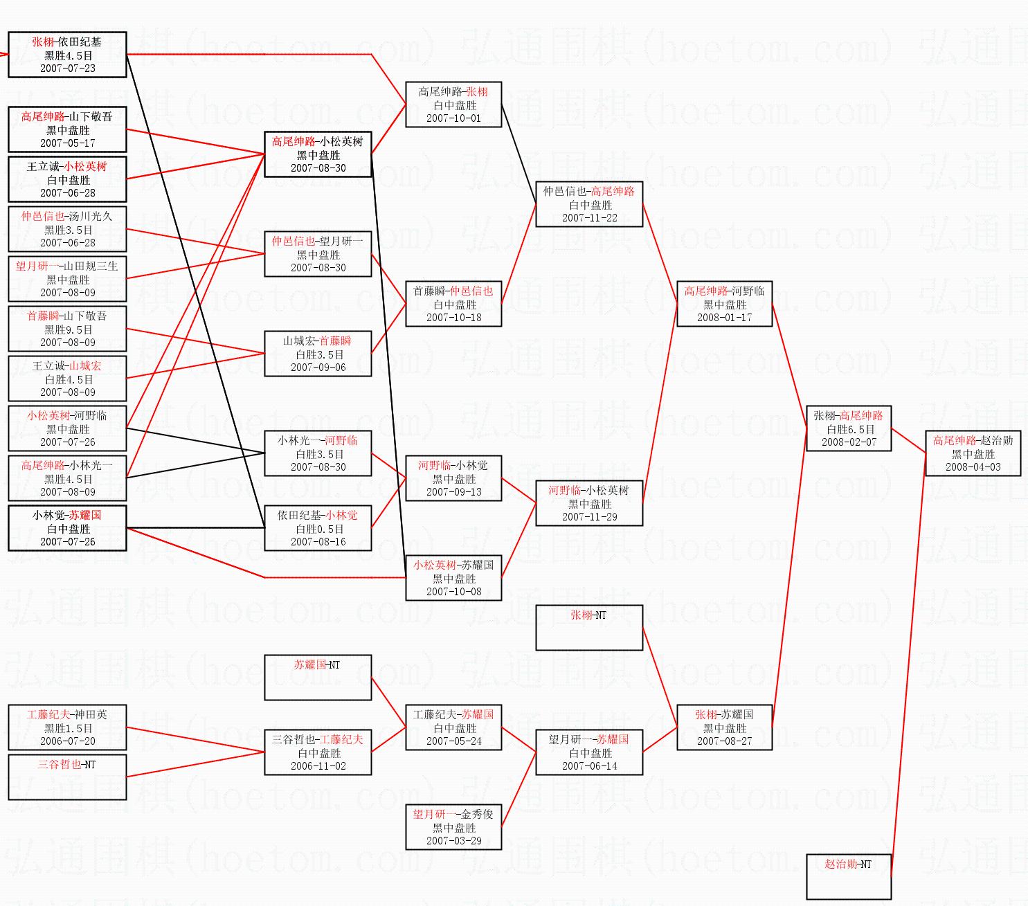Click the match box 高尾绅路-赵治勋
(x=973, y=453)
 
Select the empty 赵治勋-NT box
(x=848, y=876)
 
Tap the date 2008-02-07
(x=849, y=442)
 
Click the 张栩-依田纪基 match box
(x=67, y=55)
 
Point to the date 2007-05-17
(x=68, y=143)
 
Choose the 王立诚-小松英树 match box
(x=67, y=179)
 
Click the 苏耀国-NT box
(x=318, y=677)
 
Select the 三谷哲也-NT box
(x=67, y=777)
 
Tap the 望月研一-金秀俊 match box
(x=453, y=827)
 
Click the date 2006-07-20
(x=68, y=741)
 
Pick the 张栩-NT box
(x=589, y=628)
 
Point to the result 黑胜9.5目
(x=68, y=329)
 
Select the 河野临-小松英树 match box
(x=589, y=503)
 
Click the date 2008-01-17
(x=724, y=318)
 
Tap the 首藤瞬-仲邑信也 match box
(x=453, y=304)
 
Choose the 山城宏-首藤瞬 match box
(x=318, y=354)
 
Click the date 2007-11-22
(x=590, y=218)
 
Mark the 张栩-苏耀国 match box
(x=724, y=727)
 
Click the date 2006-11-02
(x=318, y=766)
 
